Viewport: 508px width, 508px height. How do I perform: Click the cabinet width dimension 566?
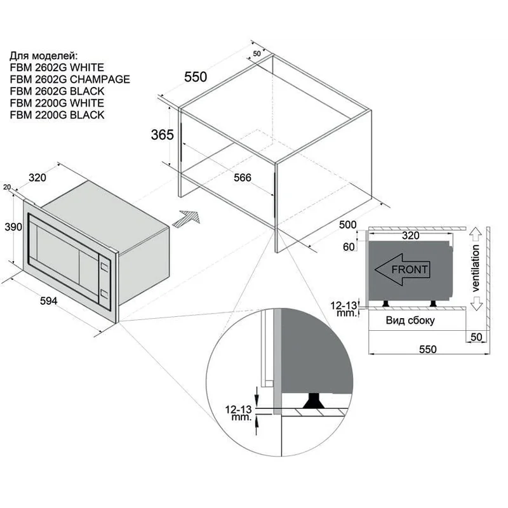(243, 178)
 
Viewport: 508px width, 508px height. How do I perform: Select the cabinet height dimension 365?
(163, 135)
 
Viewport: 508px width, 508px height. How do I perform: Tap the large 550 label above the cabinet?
(196, 77)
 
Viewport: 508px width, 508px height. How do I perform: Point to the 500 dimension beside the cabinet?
(347, 225)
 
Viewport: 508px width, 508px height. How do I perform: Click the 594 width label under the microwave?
(49, 301)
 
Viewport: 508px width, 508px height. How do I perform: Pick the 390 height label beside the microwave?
(13, 227)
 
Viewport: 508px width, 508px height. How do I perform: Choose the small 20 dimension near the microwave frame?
(7, 187)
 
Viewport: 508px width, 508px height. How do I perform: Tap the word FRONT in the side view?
(410, 269)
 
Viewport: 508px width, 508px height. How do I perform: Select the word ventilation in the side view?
(475, 268)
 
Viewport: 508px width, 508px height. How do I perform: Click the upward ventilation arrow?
(476, 234)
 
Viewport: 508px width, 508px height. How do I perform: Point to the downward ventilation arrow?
(476, 304)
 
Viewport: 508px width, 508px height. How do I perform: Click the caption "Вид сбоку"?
(410, 321)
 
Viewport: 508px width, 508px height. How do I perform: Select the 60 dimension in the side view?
(349, 247)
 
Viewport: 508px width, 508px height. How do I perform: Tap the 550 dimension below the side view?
(427, 349)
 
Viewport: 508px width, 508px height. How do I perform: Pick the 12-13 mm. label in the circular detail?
(239, 413)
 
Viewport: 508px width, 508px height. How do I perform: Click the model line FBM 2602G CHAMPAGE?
(70, 79)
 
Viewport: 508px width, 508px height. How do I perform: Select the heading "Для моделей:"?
(44, 56)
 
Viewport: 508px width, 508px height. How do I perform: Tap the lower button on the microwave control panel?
(104, 293)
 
